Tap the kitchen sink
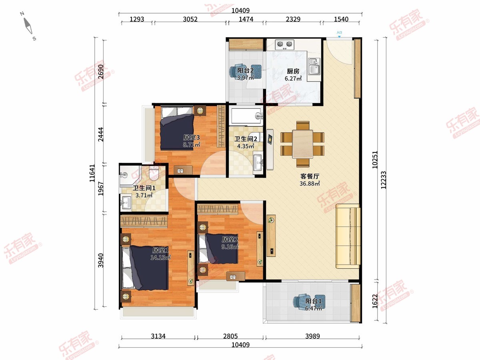(314, 67)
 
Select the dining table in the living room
(303, 144)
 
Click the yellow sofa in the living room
(348, 236)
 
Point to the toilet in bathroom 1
(154, 173)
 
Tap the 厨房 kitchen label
(293, 71)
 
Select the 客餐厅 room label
(310, 176)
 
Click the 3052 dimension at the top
(190, 19)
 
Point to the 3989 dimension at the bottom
(312, 336)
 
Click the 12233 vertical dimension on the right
(383, 180)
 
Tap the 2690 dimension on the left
(101, 72)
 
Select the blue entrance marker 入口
(339, 34)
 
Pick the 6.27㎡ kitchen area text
(293, 78)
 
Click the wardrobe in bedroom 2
(218, 209)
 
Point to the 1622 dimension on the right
(375, 301)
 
